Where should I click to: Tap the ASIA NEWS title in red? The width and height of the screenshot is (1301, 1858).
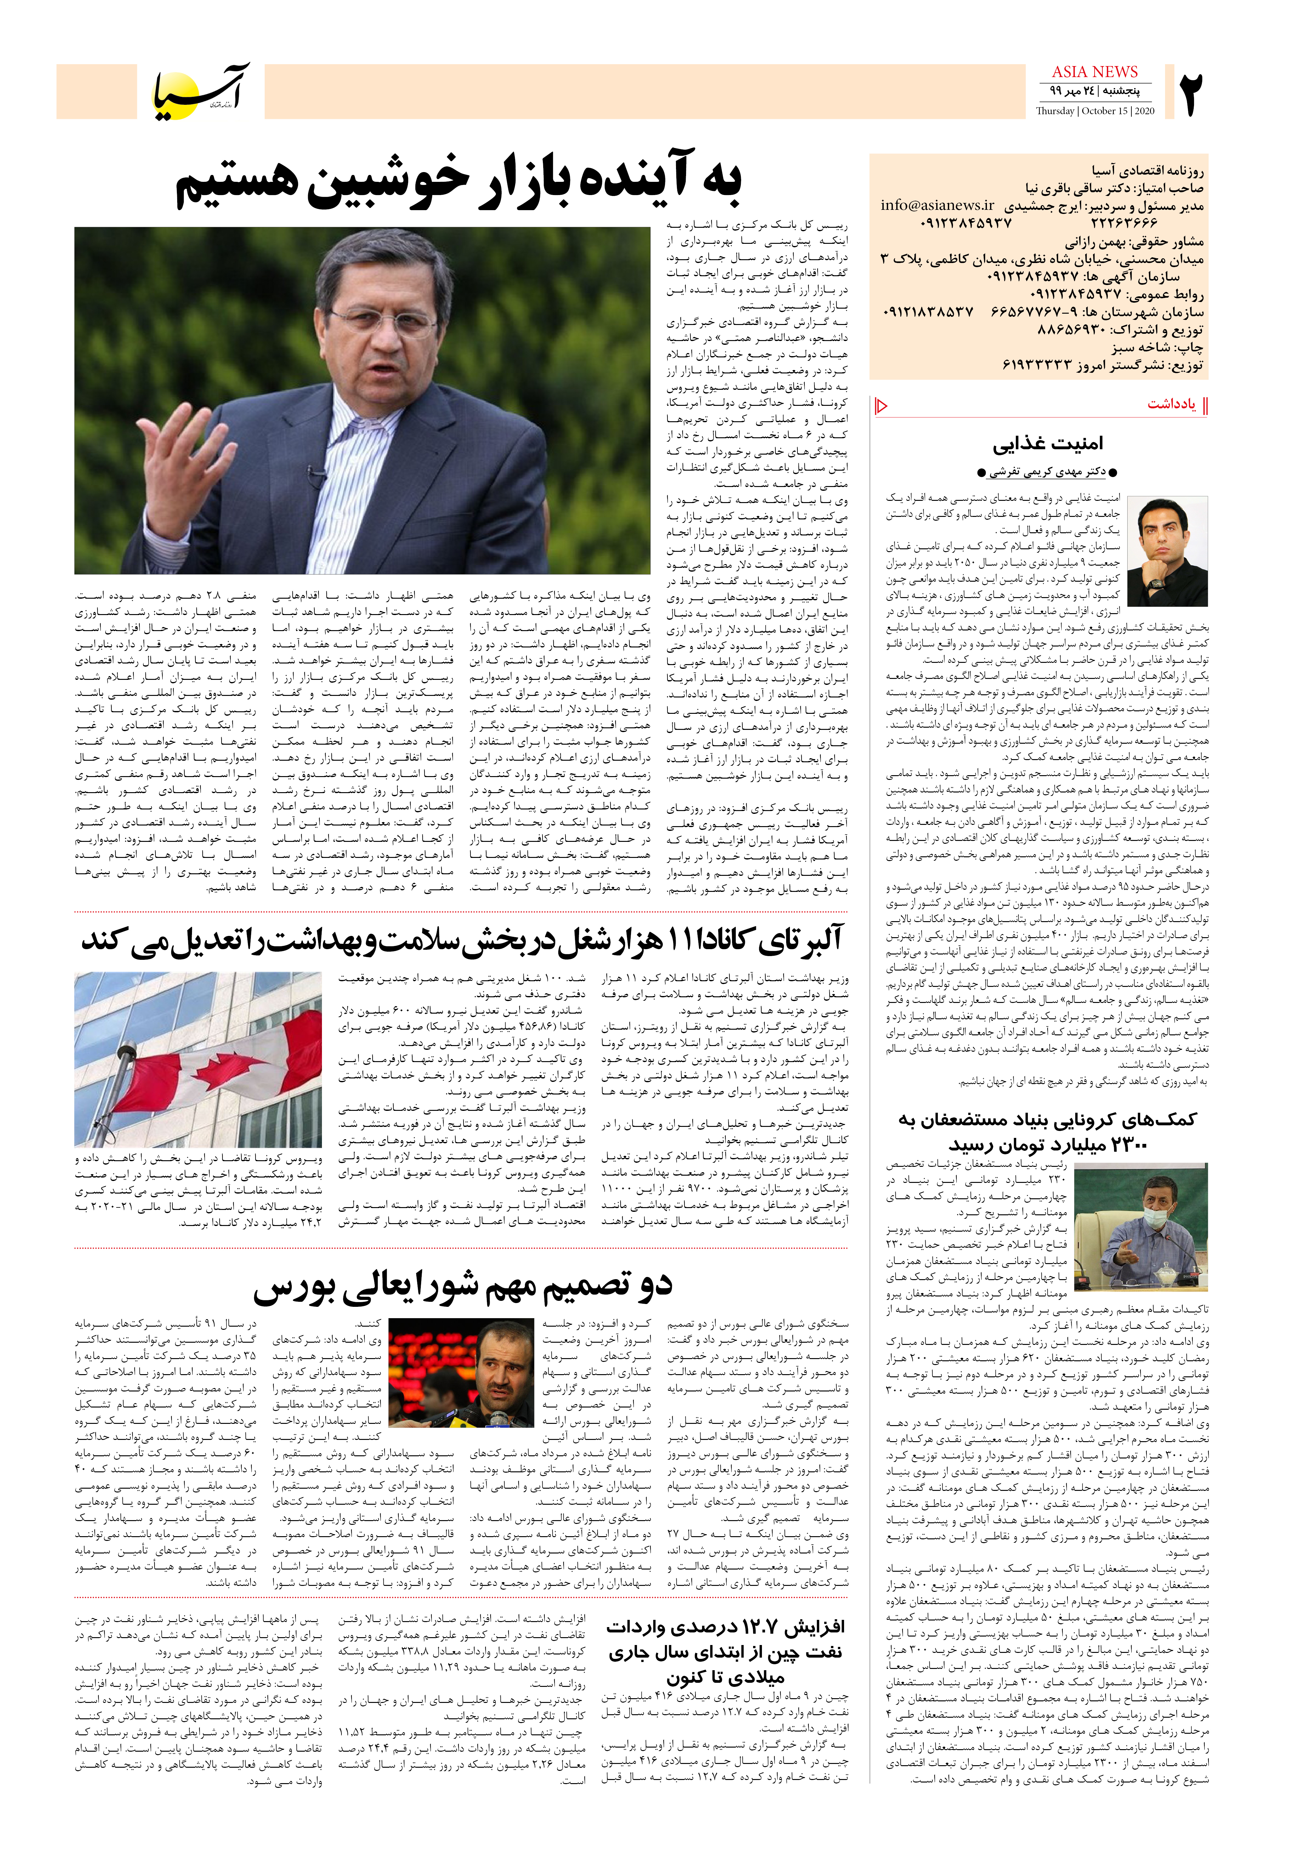[1095, 72]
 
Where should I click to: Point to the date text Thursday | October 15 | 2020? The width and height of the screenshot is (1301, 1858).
[1095, 111]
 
